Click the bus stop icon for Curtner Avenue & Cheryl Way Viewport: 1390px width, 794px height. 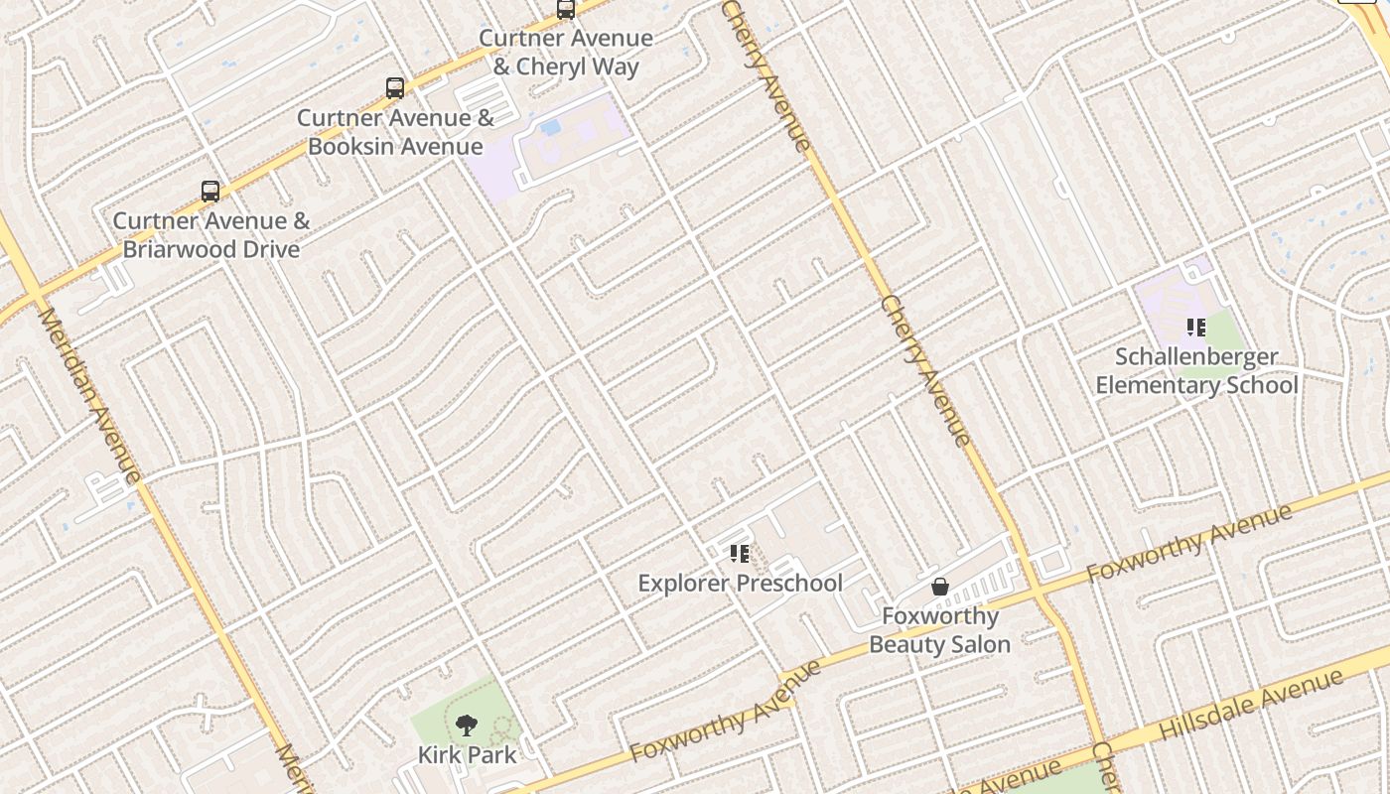coord(566,10)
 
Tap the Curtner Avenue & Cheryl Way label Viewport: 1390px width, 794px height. coord(566,53)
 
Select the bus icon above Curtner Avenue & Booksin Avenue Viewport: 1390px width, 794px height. coord(395,88)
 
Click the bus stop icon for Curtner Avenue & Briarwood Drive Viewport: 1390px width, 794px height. coord(210,192)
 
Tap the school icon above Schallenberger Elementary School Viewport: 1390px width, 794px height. coord(1196,328)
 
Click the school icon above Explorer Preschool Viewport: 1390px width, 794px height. coord(740,554)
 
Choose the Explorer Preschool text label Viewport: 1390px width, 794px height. coord(740,584)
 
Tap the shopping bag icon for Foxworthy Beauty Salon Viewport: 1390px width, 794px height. coord(940,588)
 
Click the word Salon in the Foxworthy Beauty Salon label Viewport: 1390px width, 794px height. coord(981,645)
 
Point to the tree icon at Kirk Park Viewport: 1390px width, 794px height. coord(467,726)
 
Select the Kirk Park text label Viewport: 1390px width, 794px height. coord(467,755)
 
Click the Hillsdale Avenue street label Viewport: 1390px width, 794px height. coord(1252,704)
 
